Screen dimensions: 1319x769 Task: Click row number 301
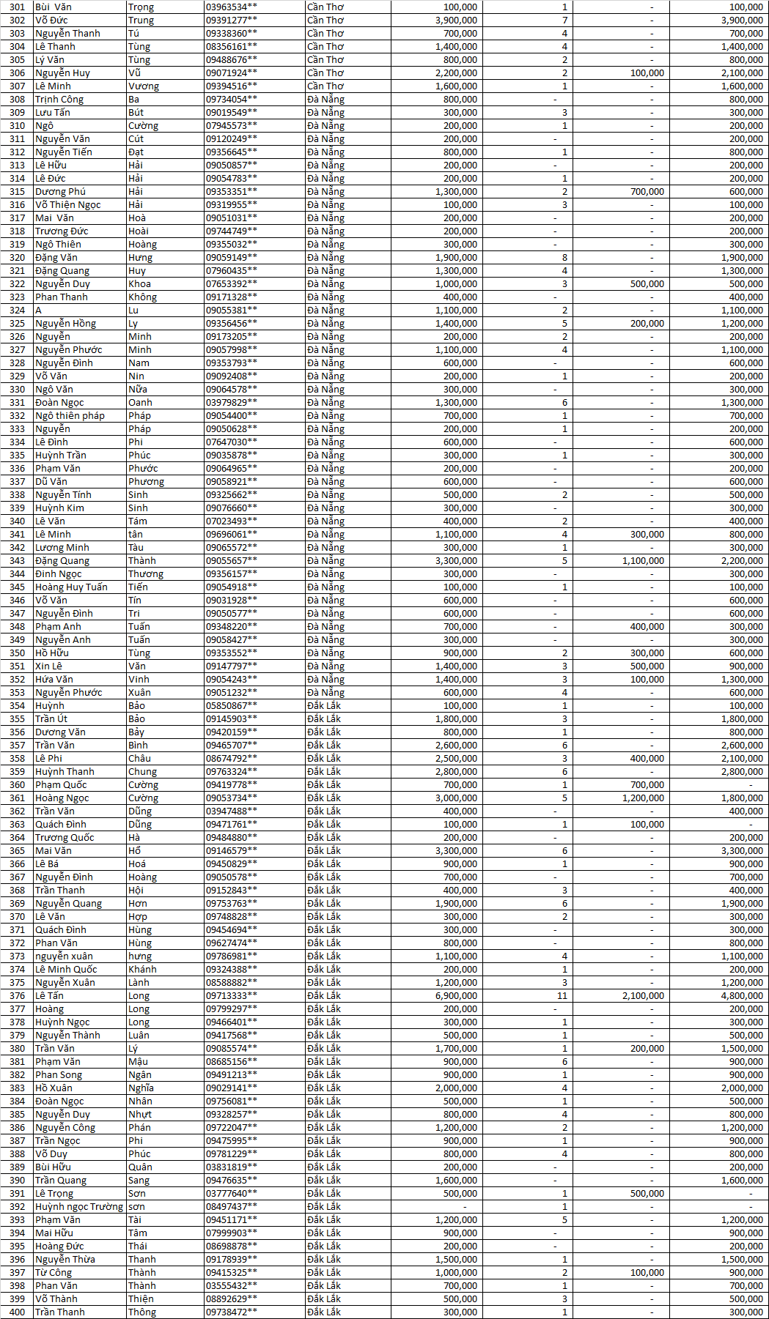click(17, 7)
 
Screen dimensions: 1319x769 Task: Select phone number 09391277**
click(231, 20)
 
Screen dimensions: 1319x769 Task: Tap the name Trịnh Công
click(59, 99)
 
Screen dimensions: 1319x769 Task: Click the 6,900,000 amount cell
click(456, 995)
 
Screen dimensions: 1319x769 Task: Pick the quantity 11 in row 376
click(562, 995)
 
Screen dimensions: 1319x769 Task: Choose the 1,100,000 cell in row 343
click(643, 560)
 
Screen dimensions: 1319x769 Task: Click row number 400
click(17, 1312)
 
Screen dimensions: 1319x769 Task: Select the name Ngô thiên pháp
click(70, 415)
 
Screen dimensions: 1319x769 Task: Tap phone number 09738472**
click(231, 1312)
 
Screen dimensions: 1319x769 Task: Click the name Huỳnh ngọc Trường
click(78, 1206)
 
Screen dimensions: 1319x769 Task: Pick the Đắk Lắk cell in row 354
click(324, 705)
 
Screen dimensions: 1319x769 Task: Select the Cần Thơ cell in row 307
click(325, 86)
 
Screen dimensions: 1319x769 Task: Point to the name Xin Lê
click(48, 666)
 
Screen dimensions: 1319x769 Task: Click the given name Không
click(142, 297)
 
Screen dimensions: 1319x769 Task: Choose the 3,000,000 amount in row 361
click(456, 798)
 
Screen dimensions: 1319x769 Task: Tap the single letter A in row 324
click(38, 310)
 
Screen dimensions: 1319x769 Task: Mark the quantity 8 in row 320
click(564, 257)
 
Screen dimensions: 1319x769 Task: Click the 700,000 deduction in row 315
click(647, 191)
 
